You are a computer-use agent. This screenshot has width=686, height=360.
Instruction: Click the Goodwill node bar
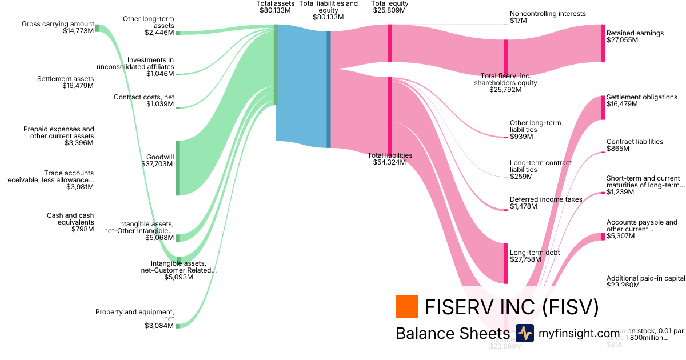[x=177, y=167]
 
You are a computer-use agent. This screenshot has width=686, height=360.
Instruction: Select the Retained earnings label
[x=635, y=33]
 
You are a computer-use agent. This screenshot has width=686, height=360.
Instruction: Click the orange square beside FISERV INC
[x=406, y=307]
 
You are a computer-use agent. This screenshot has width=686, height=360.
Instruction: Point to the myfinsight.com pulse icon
[x=524, y=333]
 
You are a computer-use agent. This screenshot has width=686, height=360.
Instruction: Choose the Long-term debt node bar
[x=506, y=263]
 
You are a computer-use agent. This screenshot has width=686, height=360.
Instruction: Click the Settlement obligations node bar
[x=603, y=107]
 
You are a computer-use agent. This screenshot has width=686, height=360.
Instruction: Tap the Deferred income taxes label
[x=546, y=199]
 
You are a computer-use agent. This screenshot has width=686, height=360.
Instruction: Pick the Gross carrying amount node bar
[x=97, y=28]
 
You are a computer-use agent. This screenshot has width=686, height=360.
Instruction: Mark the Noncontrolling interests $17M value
[x=518, y=21]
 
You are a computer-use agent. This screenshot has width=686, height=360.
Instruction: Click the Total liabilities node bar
[x=389, y=114]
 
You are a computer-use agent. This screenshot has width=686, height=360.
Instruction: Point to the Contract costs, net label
[x=143, y=97]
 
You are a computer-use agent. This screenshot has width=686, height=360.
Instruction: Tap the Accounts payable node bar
[x=603, y=236]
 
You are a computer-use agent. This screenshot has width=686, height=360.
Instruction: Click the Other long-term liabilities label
[x=535, y=126]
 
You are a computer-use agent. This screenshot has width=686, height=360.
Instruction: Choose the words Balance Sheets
[x=452, y=333]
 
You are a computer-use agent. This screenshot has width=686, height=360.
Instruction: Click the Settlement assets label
[x=65, y=79]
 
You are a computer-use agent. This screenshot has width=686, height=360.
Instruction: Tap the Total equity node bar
[x=389, y=43]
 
